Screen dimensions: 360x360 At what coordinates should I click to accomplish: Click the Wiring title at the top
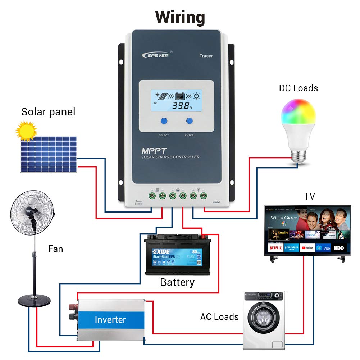click(x=180, y=17)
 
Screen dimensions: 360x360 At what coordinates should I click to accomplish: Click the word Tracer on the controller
click(x=206, y=56)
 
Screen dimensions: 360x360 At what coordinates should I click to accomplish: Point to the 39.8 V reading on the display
click(x=182, y=106)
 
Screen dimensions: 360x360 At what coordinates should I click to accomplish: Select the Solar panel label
click(x=48, y=112)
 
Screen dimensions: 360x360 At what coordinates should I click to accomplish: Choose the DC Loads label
click(x=298, y=88)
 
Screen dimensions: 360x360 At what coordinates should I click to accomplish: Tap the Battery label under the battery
click(x=177, y=283)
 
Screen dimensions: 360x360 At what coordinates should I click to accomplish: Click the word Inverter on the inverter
click(x=110, y=320)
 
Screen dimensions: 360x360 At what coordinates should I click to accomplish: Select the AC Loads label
click(x=219, y=317)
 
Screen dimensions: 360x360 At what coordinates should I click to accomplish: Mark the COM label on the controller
click(x=216, y=202)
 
